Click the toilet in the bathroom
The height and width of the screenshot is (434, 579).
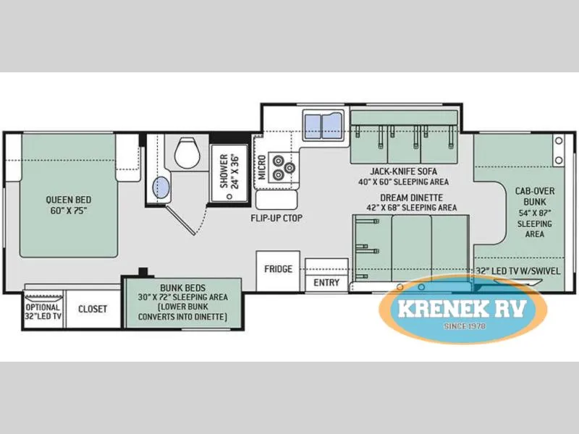tap(187, 153)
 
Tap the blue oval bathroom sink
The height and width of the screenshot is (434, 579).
tap(161, 187)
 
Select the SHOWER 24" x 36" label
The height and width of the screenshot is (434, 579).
tap(229, 171)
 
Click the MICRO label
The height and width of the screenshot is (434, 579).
tap(262, 167)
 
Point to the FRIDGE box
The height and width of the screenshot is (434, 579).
tap(278, 271)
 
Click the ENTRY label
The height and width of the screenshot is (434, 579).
tap(326, 283)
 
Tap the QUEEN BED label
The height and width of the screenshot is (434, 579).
tap(69, 200)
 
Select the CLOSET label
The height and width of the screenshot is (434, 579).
tap(93, 309)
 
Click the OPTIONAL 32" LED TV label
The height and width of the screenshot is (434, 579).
tap(43, 312)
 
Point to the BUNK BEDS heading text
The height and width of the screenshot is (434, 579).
tap(183, 287)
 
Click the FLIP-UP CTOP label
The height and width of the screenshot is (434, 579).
tap(276, 218)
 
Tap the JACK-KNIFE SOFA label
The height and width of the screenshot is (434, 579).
tap(404, 171)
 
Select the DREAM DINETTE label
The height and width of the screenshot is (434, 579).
tap(411, 197)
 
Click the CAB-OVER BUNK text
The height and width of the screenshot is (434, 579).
tap(535, 196)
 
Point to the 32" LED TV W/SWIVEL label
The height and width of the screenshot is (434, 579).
tap(517, 271)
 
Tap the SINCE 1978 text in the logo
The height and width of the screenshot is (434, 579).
tap(465, 326)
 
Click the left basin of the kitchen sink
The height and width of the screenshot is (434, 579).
tap(313, 126)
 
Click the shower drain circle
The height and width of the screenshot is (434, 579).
tap(229, 196)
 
